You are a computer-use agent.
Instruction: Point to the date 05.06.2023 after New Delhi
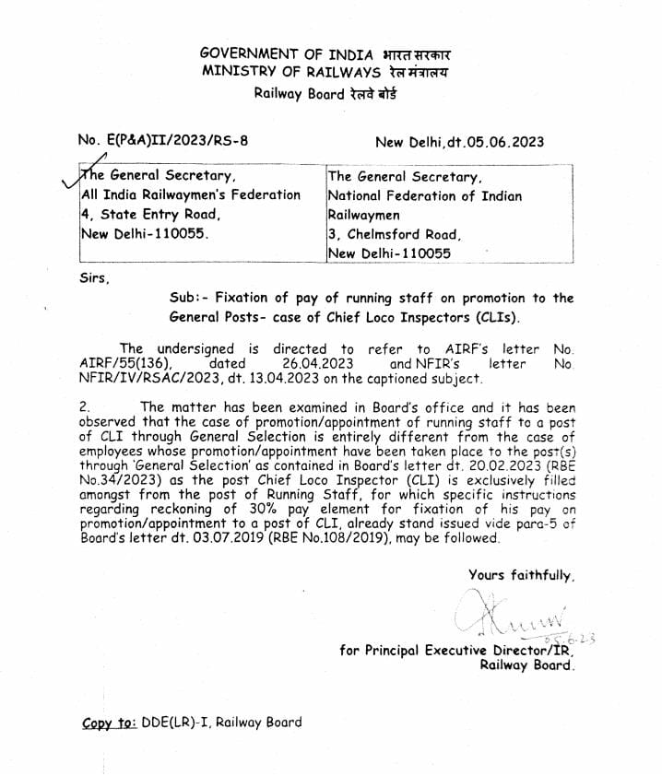(x=506, y=142)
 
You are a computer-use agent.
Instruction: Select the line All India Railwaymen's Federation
(x=191, y=195)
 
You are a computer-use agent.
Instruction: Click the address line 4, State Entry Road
(x=150, y=214)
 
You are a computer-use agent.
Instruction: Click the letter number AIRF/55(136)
(x=121, y=364)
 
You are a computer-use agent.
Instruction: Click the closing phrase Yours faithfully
(x=521, y=575)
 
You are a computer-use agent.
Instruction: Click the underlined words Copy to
(x=109, y=723)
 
